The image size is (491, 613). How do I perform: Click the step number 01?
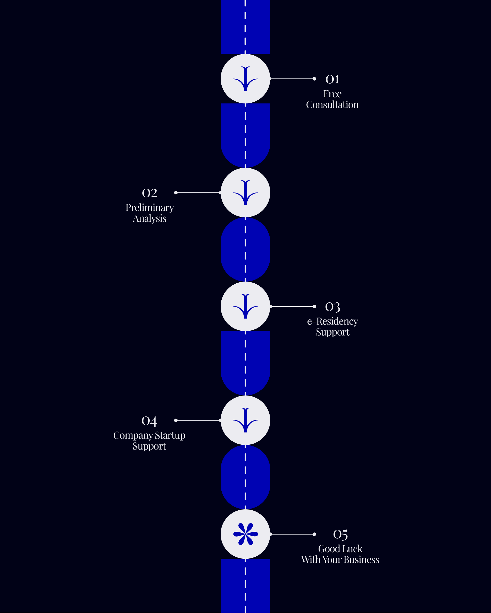click(x=332, y=79)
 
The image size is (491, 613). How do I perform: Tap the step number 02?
click(x=149, y=193)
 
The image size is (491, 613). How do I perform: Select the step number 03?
click(x=332, y=307)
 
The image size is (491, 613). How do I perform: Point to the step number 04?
click(x=149, y=421)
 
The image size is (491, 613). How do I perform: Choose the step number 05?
click(x=340, y=535)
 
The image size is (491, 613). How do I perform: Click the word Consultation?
click(x=332, y=105)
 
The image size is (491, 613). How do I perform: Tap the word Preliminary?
click(x=149, y=208)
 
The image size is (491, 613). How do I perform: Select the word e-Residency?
click(x=332, y=321)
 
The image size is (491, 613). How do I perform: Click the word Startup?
click(x=170, y=435)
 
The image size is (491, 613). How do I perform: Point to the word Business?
click(x=361, y=560)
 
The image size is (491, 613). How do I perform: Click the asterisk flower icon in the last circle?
click(x=245, y=534)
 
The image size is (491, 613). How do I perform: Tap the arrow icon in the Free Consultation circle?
click(x=245, y=79)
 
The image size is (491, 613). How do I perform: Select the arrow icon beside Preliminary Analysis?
click(x=245, y=193)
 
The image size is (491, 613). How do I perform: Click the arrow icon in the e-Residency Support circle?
click(x=245, y=306)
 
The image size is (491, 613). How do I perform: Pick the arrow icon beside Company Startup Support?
click(x=245, y=420)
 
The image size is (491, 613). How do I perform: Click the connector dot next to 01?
click(x=314, y=79)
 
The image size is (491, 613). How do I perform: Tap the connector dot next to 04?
click(x=176, y=420)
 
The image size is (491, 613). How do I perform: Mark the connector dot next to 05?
click(x=314, y=534)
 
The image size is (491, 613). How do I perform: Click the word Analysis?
click(x=149, y=219)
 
